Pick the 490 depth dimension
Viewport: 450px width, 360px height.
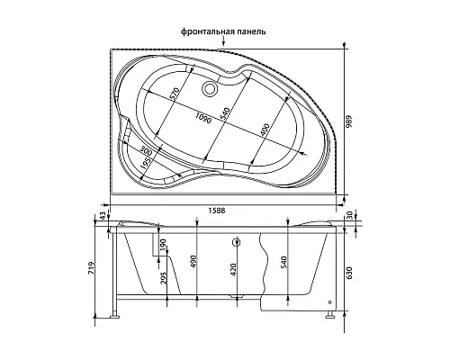point(193,261)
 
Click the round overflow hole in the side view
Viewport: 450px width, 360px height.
point(234,242)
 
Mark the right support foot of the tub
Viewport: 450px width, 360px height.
point(331,316)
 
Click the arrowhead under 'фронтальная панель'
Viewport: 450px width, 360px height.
point(223,41)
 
